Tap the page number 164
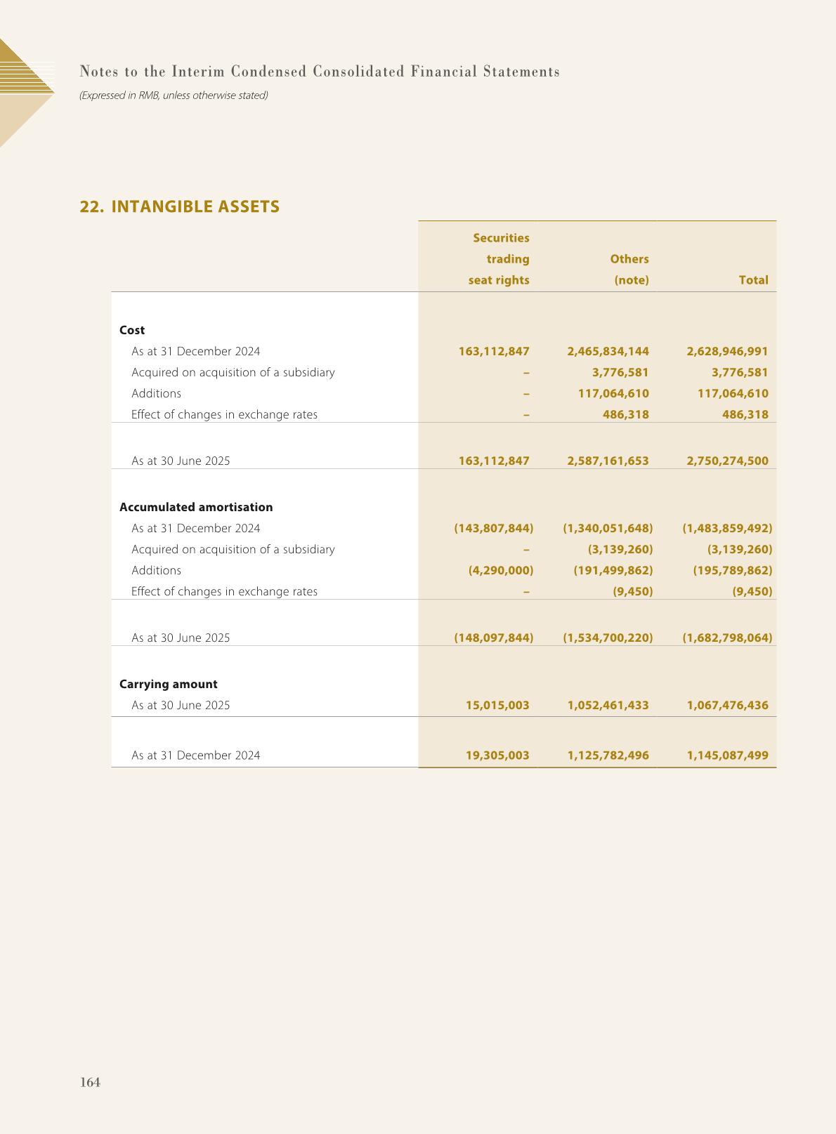[91, 1082]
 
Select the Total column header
[753, 279]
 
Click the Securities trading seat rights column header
[499, 259]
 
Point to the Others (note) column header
[629, 269]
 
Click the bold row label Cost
[132, 330]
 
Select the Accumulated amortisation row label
[196, 507]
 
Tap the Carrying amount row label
[169, 684]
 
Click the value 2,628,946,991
[727, 351]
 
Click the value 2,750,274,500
[727, 461]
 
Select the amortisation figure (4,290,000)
[501, 570]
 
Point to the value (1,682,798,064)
[727, 638]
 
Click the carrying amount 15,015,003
[497, 705]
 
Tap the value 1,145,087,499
[727, 756]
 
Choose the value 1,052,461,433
[608, 705]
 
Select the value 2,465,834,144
[608, 351]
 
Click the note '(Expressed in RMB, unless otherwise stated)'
[174, 95]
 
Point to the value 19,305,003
[497, 756]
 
